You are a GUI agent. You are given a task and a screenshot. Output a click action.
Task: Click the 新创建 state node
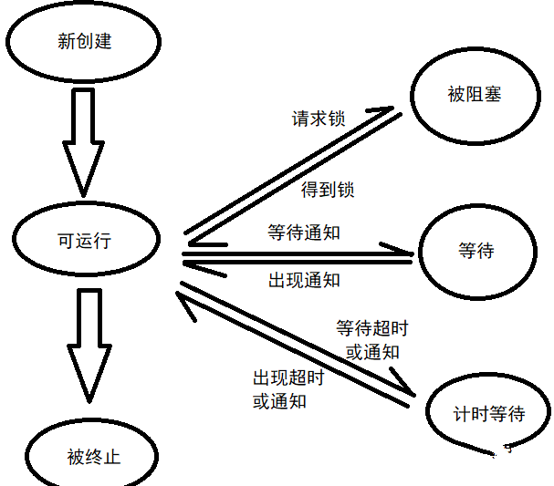click(83, 42)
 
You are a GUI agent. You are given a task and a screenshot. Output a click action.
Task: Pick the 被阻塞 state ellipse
click(474, 94)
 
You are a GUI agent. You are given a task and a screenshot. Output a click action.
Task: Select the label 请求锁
click(319, 119)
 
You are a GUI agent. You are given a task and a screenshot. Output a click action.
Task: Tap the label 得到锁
click(327, 191)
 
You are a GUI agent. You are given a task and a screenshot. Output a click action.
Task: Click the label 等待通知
click(304, 233)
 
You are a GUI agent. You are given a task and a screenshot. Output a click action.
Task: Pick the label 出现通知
click(304, 279)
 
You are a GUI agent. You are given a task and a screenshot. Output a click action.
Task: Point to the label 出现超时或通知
click(287, 388)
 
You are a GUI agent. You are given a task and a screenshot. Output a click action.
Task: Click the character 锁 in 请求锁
click(337, 119)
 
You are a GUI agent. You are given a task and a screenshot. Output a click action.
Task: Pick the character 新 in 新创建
click(66, 42)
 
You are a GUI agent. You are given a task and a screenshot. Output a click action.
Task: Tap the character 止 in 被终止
click(110, 457)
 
